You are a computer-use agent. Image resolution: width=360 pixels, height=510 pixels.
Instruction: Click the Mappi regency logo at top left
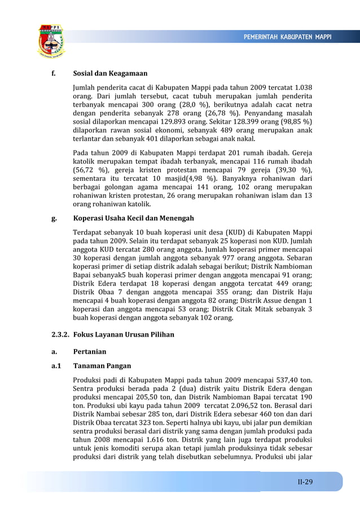point(51,41)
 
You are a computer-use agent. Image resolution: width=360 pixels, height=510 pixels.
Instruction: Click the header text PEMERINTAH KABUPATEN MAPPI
point(287,37)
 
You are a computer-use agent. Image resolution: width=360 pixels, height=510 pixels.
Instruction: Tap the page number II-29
point(305,482)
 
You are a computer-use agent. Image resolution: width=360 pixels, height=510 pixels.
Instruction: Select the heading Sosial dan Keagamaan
point(110,73)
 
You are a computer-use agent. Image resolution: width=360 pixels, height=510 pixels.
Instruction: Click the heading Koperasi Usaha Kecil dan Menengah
point(133,218)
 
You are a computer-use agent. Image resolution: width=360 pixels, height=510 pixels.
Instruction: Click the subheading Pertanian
point(90,351)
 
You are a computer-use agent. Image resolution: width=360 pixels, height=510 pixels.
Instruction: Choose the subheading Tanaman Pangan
point(102,365)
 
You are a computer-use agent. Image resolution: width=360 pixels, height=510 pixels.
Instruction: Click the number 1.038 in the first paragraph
point(303,88)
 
